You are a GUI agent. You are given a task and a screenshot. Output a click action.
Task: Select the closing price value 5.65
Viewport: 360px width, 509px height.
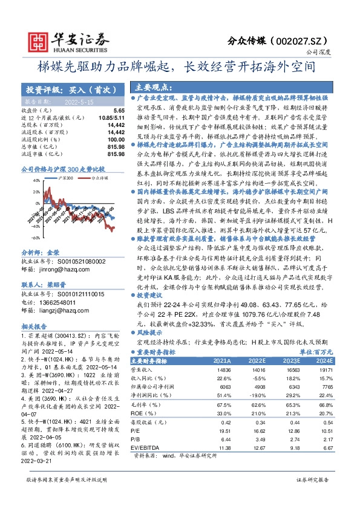[119, 111]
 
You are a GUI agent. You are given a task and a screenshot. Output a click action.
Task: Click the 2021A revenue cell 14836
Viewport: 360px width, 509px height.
[223, 368]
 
